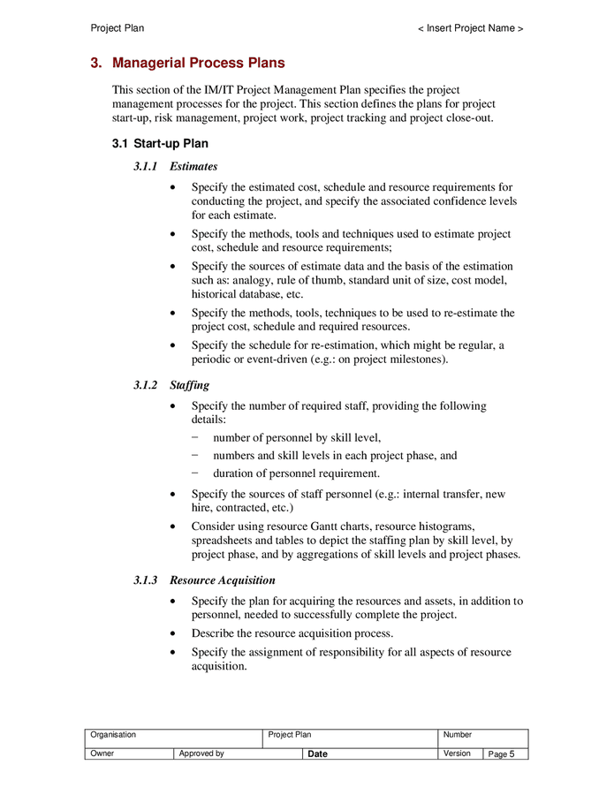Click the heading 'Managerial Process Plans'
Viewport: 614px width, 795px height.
tap(198, 64)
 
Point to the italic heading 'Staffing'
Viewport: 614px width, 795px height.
tap(189, 385)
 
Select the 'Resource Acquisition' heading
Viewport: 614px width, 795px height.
tap(222, 580)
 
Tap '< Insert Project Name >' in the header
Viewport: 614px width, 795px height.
tap(471, 28)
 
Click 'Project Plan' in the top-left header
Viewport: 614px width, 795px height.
tap(117, 28)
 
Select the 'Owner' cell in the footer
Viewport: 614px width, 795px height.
tap(102, 753)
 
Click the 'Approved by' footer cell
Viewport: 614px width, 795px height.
tap(201, 753)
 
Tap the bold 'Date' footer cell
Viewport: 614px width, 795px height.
tap(317, 754)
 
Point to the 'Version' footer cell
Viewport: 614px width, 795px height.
tap(457, 753)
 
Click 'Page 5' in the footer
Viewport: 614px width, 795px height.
tap(501, 754)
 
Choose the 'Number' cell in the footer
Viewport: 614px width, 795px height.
tap(458, 735)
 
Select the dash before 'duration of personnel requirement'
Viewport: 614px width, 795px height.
tap(194, 474)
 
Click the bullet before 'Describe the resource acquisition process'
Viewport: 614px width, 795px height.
tap(171, 634)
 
